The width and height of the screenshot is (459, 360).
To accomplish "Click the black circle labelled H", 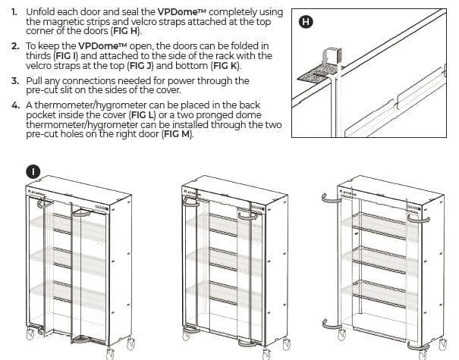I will point(306,22).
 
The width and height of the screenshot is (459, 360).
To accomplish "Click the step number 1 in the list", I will point(15,13).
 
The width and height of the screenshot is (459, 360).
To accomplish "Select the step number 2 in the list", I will point(16,46).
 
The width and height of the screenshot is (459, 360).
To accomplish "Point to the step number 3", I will point(16,80).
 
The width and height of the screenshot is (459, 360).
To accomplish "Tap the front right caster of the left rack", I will point(112,353).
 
